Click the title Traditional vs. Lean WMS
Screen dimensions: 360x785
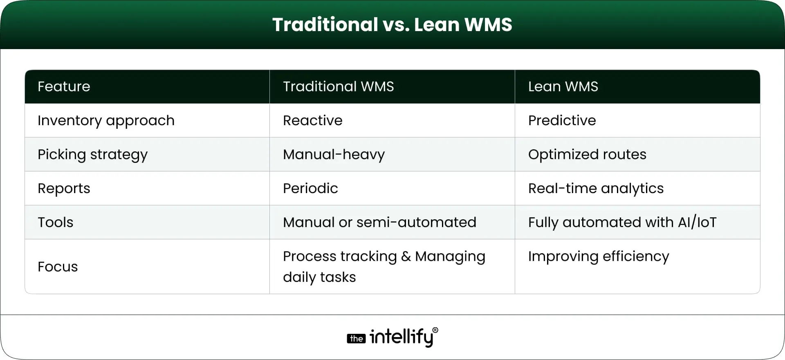click(392, 25)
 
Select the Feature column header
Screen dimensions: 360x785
click(64, 87)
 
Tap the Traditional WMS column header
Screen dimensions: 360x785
click(338, 87)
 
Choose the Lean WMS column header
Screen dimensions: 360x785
click(563, 87)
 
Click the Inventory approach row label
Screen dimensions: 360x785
click(106, 121)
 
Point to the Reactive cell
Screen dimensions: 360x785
click(312, 121)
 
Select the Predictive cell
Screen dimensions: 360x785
click(562, 121)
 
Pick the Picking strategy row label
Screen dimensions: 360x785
click(92, 155)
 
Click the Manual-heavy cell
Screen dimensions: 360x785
click(334, 155)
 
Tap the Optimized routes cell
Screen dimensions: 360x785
click(587, 155)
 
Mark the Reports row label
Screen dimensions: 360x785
click(64, 189)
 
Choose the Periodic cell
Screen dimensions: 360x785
click(310, 189)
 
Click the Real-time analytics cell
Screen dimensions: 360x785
click(595, 189)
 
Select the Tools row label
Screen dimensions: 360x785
click(55, 223)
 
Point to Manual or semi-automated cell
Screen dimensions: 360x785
click(379, 223)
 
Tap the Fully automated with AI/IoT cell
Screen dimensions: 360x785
click(622, 223)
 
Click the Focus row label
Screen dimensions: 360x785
click(58, 267)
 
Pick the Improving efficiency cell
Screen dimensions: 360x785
click(598, 256)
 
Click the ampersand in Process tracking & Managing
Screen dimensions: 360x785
click(406, 256)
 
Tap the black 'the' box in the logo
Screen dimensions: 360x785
click(356, 339)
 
